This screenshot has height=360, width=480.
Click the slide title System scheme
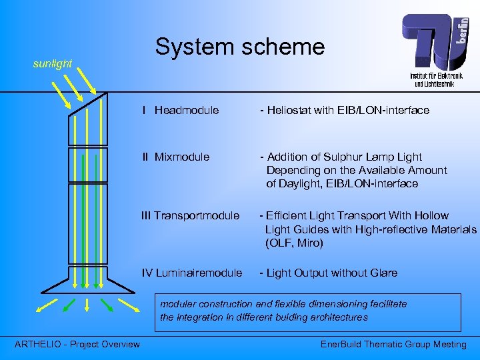[239, 47]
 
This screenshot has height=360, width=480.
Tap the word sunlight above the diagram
[53, 64]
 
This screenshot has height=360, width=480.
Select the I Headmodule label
[180, 110]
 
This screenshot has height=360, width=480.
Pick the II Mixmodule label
[175, 157]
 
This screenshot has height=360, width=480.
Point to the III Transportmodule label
[190, 215]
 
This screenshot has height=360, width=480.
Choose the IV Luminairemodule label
[192, 273]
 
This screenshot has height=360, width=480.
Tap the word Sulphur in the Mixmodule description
[341, 157]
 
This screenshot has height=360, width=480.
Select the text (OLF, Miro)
[294, 243]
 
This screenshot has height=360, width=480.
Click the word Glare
[383, 273]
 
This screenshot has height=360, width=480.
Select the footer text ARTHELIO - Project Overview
[77, 344]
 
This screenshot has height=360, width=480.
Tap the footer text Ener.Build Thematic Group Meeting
[393, 344]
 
